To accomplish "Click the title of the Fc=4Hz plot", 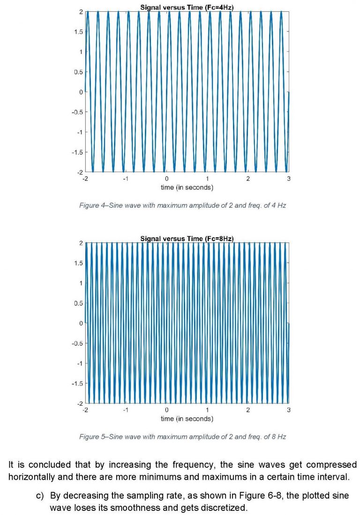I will tap(187, 7).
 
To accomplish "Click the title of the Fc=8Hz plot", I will tap(187, 239).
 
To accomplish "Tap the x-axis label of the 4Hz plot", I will tap(187, 188).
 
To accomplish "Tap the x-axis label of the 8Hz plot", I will tap(187, 418).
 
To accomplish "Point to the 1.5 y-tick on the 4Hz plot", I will tap(78, 31).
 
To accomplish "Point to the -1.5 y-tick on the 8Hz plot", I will tap(77, 383).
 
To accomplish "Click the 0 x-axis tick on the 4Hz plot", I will tap(166, 179).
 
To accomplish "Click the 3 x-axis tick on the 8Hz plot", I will tap(289, 410).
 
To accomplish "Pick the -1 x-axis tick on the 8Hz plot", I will tap(125, 410).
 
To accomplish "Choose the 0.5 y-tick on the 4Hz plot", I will tap(78, 72).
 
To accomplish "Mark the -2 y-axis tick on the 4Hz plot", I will tap(80, 172).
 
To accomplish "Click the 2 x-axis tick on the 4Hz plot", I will tap(248, 179).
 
